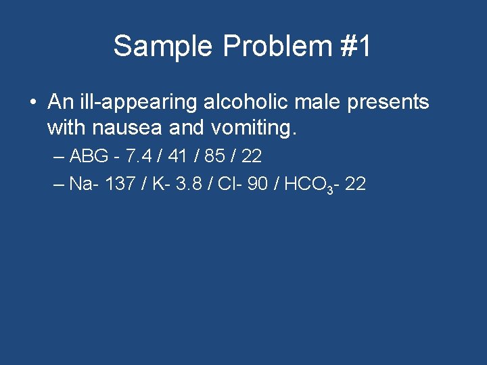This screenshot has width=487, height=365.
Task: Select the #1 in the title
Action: pyautogui.click(x=352, y=47)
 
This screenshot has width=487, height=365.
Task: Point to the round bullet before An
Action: pyautogui.click(x=33, y=103)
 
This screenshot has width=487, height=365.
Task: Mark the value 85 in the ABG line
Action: pyautogui.click(x=212, y=157)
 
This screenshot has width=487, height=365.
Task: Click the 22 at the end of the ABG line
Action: pyautogui.click(x=251, y=157)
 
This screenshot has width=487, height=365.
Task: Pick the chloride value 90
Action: pyautogui.click(x=258, y=185)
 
